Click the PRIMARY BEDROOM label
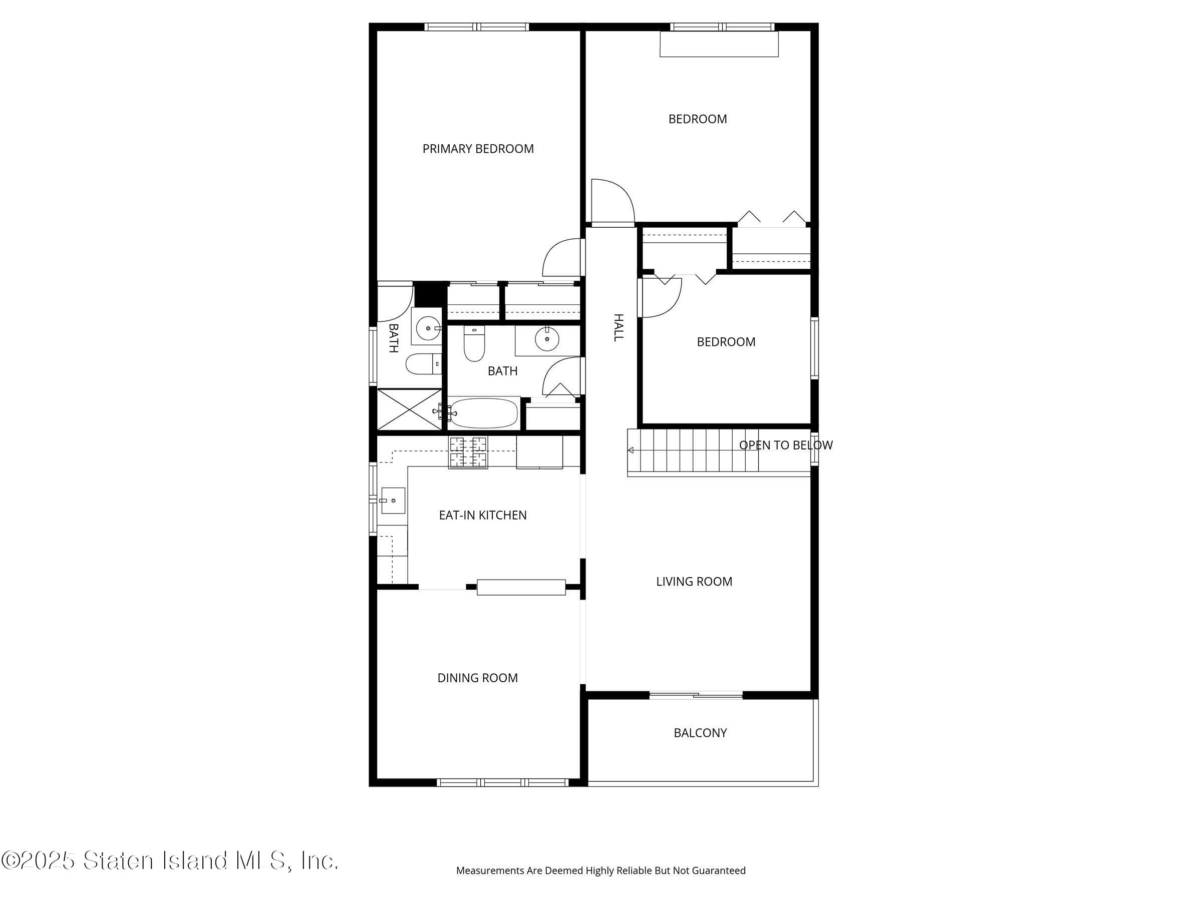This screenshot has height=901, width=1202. point(478,149)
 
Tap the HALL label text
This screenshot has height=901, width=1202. point(618,327)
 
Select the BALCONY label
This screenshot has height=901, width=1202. point(700,733)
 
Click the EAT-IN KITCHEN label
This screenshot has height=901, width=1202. point(482,515)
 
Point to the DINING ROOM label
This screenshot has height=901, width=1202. point(477,678)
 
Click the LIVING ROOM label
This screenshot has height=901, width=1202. point(694,582)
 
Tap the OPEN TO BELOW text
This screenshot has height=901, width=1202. point(785,445)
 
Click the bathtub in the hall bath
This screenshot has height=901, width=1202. point(483,413)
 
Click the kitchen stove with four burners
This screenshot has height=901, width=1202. point(467,453)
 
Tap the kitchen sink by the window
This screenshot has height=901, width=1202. point(392,500)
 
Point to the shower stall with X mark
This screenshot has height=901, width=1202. point(409,409)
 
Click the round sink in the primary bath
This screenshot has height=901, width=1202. point(428,328)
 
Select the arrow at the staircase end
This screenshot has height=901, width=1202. point(631,450)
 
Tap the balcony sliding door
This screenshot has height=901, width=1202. point(696,695)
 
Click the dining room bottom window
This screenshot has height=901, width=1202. point(502,782)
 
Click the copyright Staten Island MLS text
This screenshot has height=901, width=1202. point(170,861)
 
